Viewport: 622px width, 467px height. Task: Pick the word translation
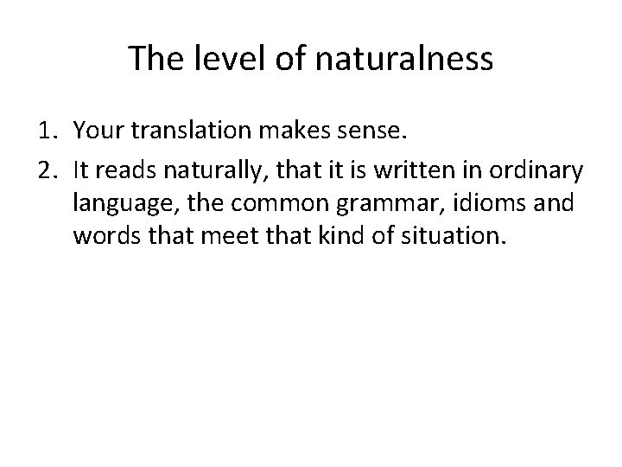pyautogui.click(x=189, y=131)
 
